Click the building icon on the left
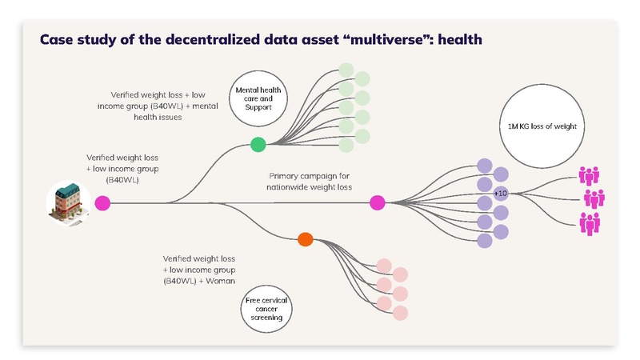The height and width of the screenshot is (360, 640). click(67, 201)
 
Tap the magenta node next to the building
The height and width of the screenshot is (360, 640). click(102, 203)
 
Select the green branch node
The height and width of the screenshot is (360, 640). click(258, 145)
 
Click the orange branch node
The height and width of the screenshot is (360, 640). click(304, 238)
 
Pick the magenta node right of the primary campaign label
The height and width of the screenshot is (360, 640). click(378, 203)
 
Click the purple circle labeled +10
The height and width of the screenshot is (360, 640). click(501, 194)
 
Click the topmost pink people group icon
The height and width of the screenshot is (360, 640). click(590, 174)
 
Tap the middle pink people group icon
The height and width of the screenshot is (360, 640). click(594, 198)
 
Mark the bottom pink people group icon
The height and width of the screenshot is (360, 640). click(590, 222)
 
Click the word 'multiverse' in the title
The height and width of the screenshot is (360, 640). click(388, 39)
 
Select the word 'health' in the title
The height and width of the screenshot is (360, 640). click(459, 39)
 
